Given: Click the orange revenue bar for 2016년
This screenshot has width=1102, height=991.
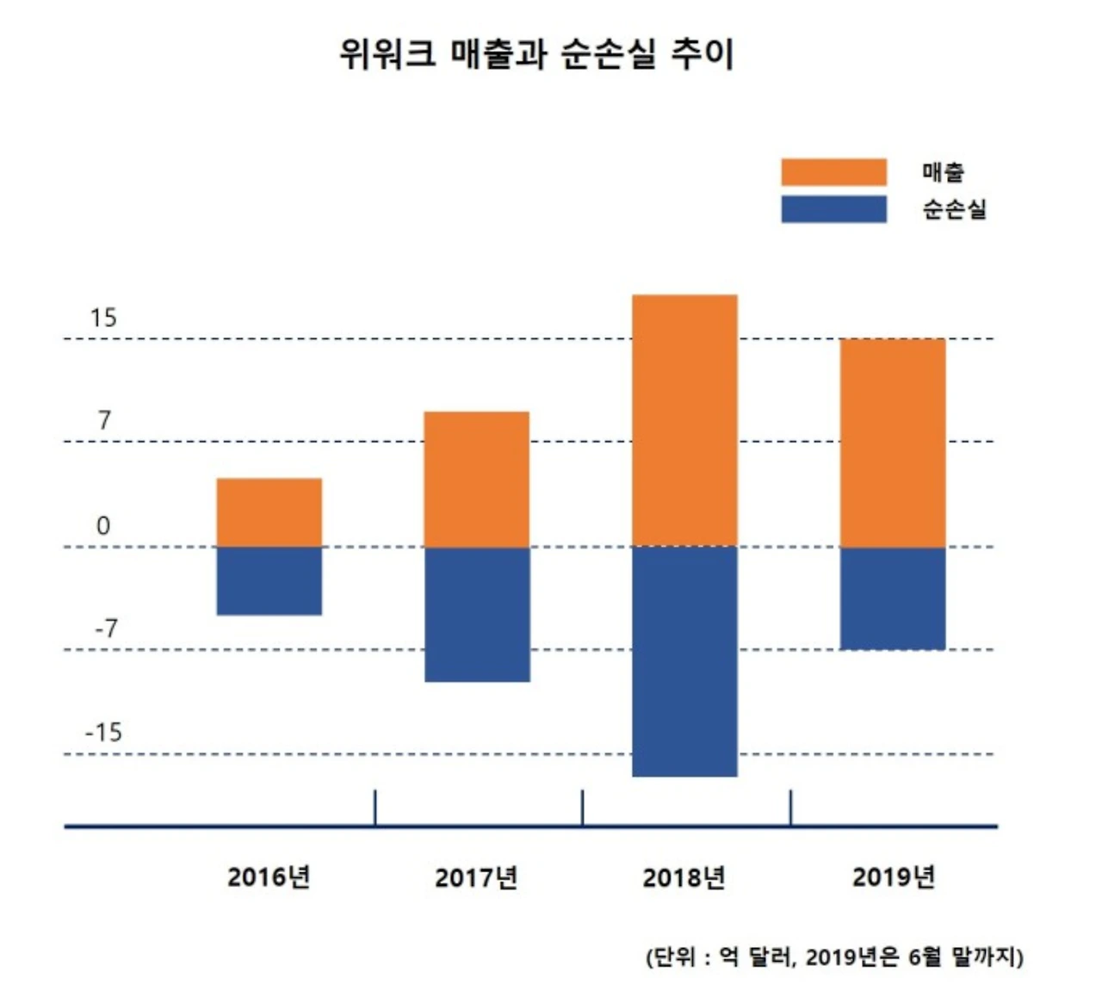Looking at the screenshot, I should (x=269, y=512).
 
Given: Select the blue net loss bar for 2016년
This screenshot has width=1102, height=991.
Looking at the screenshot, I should (x=269, y=580).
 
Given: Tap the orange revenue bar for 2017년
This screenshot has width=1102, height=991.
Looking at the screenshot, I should (x=477, y=479).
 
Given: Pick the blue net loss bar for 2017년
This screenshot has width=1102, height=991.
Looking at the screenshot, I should (x=477, y=614).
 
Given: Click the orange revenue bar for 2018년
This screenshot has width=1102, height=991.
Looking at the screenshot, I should (x=684, y=420).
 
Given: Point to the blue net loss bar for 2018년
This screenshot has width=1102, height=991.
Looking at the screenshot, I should (x=684, y=661).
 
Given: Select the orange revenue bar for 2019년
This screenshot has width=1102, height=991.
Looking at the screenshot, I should (x=893, y=443).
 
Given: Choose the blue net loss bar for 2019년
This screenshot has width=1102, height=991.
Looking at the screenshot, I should (x=893, y=598).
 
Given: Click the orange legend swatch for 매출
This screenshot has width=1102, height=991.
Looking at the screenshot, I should (x=833, y=172).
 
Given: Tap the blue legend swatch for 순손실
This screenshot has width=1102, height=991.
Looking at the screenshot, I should (x=833, y=209).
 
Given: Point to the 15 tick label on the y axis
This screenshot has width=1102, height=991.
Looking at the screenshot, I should (x=102, y=319).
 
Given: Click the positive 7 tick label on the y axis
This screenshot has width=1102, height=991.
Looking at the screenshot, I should (x=104, y=421).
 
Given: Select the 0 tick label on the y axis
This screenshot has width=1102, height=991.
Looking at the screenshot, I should (x=103, y=525).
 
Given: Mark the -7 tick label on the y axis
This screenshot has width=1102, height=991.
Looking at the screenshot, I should (x=106, y=629).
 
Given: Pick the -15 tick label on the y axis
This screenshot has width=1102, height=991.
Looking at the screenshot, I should (x=103, y=733).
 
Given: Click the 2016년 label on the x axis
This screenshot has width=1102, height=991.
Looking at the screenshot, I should (x=269, y=877).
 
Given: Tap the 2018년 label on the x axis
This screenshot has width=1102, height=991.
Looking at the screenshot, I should (x=684, y=877).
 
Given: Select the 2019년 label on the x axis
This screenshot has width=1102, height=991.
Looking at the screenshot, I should (x=894, y=877).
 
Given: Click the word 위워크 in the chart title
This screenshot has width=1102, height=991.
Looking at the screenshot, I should (x=387, y=54).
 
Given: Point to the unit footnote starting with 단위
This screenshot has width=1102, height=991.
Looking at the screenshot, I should (x=834, y=957).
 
